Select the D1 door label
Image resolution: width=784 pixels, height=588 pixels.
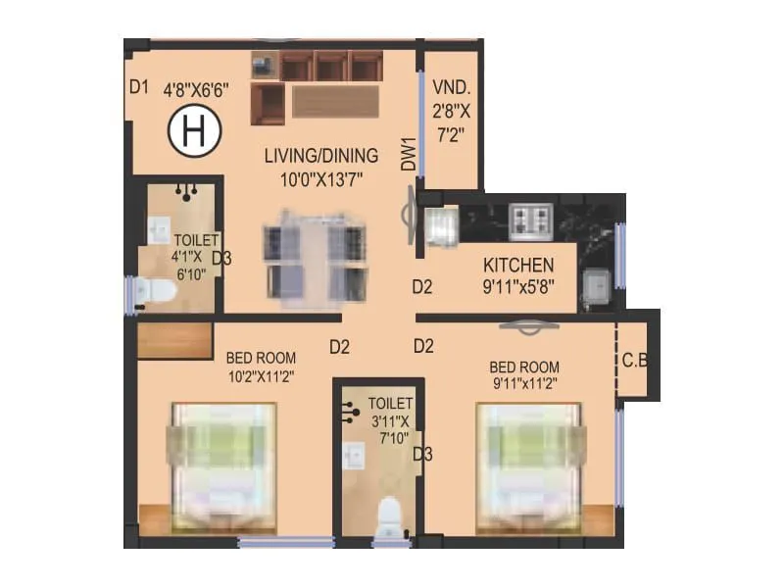(x=138, y=86)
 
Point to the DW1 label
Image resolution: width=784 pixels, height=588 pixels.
(x=409, y=154)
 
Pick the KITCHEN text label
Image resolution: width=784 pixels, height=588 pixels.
(x=518, y=265)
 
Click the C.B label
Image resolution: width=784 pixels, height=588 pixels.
(x=635, y=360)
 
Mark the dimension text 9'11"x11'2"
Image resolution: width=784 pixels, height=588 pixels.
(x=524, y=384)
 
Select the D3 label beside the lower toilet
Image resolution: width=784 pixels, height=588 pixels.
(x=422, y=454)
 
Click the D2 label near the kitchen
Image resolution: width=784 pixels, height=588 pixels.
(x=422, y=287)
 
